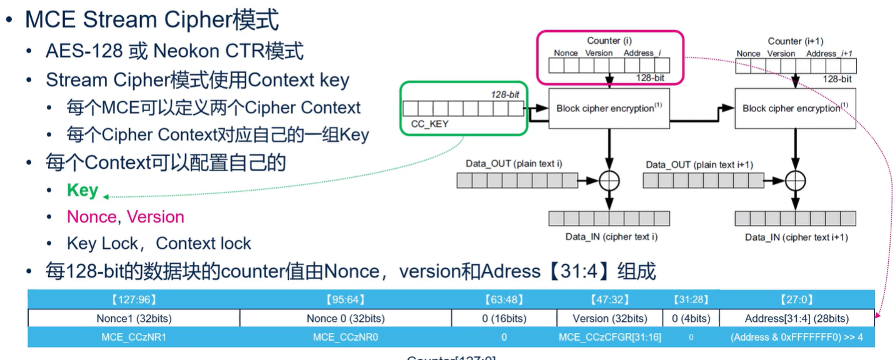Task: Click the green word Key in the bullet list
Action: click(82, 191)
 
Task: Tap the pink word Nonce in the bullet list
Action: click(91, 217)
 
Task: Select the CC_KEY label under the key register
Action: click(429, 124)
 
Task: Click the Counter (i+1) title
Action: click(793, 41)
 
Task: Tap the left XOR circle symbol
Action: click(609, 181)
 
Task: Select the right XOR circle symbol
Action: click(795, 181)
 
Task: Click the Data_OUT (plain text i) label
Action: click(514, 164)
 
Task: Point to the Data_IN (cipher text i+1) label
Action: click(796, 237)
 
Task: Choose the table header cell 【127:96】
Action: click(134, 300)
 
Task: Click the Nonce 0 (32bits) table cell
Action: click(346, 318)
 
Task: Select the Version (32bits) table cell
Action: click(609, 318)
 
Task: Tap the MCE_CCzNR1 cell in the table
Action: click(134, 337)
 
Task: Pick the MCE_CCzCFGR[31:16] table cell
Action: click(609, 337)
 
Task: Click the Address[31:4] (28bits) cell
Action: click(797, 318)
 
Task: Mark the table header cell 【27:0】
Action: click(797, 300)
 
